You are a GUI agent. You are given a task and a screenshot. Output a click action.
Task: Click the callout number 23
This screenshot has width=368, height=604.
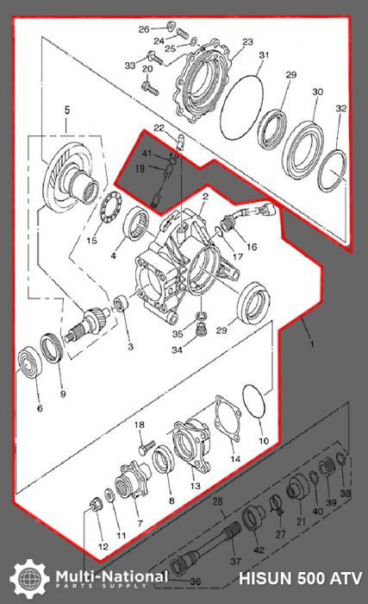coord(247,42)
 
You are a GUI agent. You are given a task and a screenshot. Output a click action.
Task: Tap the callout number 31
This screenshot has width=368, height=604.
coord(265,56)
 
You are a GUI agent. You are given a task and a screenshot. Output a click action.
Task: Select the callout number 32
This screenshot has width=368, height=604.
coord(341,109)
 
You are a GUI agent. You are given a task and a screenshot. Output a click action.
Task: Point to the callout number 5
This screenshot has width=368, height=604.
coord(67,110)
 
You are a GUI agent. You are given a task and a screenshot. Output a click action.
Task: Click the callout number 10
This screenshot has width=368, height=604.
coord(263,440)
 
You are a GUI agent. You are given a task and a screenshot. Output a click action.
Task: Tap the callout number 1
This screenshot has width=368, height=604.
coord(311,342)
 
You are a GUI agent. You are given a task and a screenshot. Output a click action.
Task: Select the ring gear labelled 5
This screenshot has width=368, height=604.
coord(65,176)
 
